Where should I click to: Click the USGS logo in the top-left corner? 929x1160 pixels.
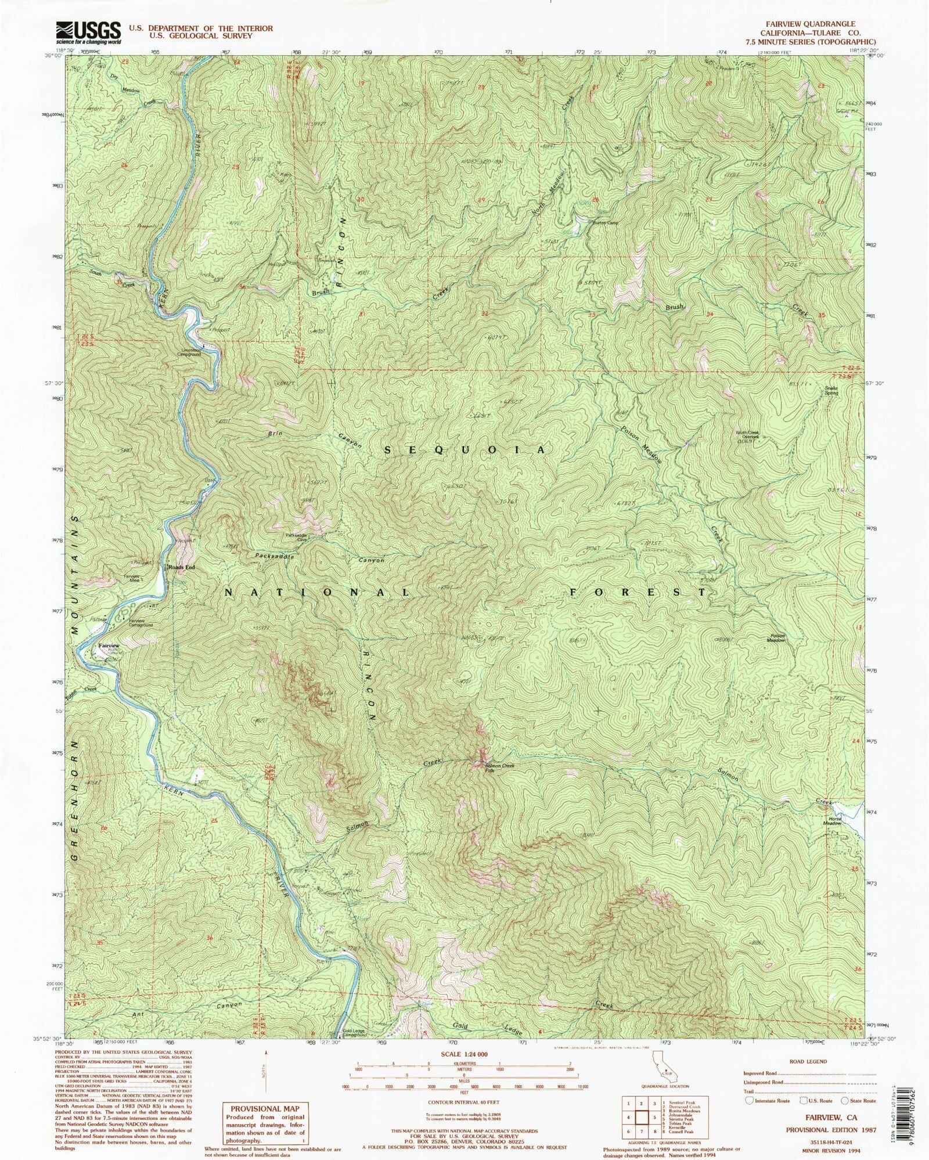pos(88,33)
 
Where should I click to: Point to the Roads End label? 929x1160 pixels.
pos(181,567)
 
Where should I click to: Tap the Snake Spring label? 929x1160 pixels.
pos(831,391)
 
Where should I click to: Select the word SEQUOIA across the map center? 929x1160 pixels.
pos(465,450)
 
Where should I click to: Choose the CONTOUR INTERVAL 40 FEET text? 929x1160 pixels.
pos(464,1101)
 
